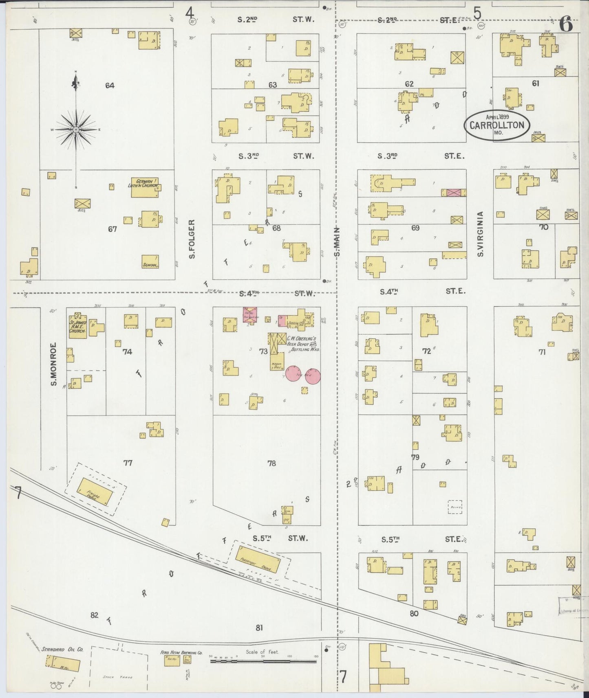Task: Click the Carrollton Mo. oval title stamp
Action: pyautogui.click(x=496, y=125)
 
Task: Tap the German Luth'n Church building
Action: pyautogui.click(x=144, y=188)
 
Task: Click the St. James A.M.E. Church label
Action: pyautogui.click(x=77, y=326)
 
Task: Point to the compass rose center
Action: pyautogui.click(x=76, y=130)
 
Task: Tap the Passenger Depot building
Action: pyautogui.click(x=258, y=560)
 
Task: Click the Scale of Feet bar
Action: pyautogui.click(x=263, y=661)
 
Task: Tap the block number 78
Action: pyautogui.click(x=271, y=463)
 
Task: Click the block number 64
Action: pyautogui.click(x=109, y=85)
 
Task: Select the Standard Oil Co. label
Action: pyautogui.click(x=62, y=649)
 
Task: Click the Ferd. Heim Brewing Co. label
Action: pyautogui.click(x=181, y=652)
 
